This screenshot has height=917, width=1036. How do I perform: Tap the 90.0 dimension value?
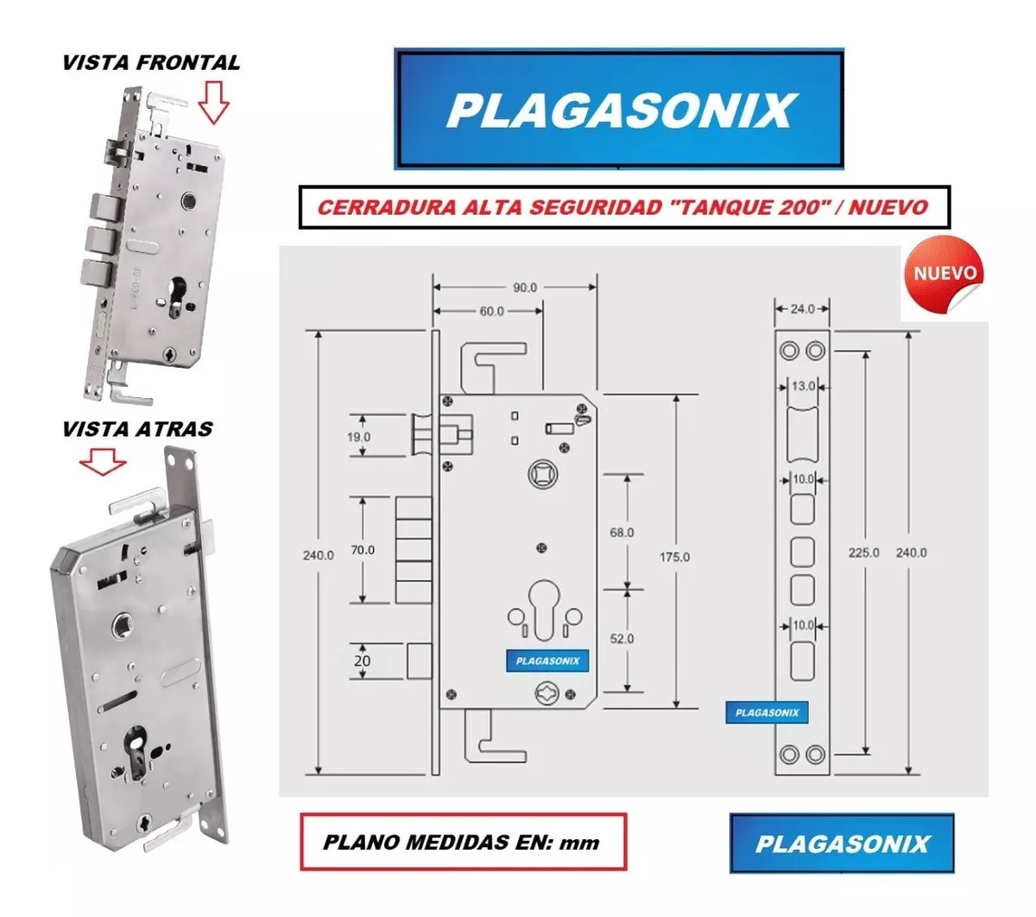pos(525,288)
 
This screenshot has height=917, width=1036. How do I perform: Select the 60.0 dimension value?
pos(491,311)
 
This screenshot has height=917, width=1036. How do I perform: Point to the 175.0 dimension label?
pos(674,557)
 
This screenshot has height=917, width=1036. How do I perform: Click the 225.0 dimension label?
pos(864,552)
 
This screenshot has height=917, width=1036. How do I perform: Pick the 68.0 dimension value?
pos(622,533)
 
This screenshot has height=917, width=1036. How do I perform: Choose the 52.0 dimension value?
pos(622,639)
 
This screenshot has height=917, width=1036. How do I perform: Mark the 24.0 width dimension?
pos(802,308)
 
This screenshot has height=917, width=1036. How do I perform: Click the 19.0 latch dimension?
pos(358,437)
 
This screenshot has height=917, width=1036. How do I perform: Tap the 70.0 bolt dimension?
pos(363,549)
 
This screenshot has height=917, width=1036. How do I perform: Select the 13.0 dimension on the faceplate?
pos(803,387)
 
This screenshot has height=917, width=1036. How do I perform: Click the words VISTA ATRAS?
pos(137,429)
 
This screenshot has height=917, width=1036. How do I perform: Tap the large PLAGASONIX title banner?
pos(619,110)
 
